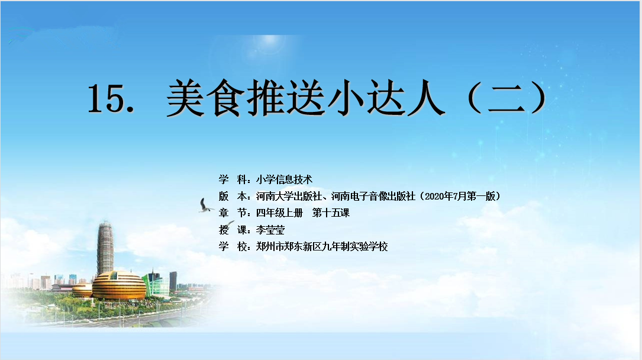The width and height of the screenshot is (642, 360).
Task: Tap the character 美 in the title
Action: tap(185, 98)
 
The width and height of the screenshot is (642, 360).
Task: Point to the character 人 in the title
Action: tap(425, 98)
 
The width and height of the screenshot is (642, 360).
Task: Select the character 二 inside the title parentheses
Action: tap(506, 98)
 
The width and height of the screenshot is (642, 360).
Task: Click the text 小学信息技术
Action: tap(284, 179)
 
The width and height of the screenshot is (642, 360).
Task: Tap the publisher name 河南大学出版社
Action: tap(289, 196)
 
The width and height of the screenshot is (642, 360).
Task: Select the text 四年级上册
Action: tap(279, 213)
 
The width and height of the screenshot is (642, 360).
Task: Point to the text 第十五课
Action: tap(331, 213)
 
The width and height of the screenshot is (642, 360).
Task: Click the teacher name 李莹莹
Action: tap(270, 230)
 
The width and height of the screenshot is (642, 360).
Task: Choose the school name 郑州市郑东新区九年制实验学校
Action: tap(322, 246)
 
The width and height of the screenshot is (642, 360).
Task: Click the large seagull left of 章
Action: tap(205, 205)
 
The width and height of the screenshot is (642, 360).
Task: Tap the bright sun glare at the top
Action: tap(269, 40)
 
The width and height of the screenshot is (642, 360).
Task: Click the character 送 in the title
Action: tap(305, 98)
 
